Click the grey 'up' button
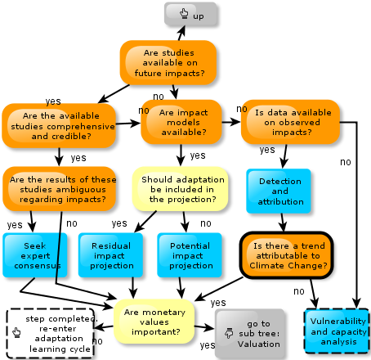click(190, 14)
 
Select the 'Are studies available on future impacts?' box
click(168, 62)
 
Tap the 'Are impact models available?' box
click(181, 122)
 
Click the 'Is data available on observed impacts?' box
click(290, 122)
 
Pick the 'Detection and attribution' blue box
click(279, 191)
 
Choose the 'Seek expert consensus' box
click(35, 255)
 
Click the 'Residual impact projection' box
click(110, 255)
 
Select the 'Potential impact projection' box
click(190, 255)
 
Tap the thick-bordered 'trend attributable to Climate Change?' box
click(287, 255)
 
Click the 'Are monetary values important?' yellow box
click(154, 322)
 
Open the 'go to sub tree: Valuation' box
click(250, 333)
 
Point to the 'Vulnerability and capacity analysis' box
click(337, 331)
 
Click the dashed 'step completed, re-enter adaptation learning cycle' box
click(51, 333)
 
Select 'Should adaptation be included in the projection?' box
click(180, 189)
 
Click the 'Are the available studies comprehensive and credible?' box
click(59, 125)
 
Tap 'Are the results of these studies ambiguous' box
click(60, 189)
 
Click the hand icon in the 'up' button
click(184, 13)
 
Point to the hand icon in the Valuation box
click(229, 333)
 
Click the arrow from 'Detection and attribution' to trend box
click(283, 223)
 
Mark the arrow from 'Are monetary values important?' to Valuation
click(204, 327)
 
